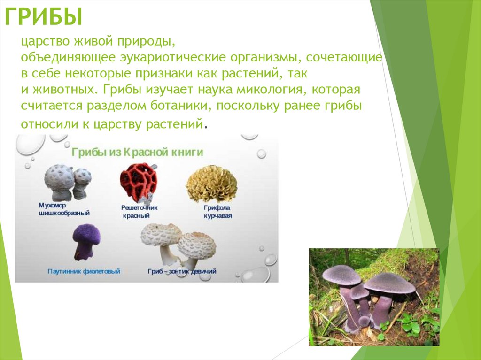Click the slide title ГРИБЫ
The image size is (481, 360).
click(x=44, y=16)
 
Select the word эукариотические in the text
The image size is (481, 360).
click(x=173, y=57)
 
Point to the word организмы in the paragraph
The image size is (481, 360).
click(x=266, y=58)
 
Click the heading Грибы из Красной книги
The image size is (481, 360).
click(x=137, y=152)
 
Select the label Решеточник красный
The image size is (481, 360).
click(x=139, y=212)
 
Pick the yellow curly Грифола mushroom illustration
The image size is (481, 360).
click(x=211, y=184)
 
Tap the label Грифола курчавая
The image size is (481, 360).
click(x=217, y=212)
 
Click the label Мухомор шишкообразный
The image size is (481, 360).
click(x=64, y=209)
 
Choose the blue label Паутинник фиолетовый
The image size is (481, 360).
click(x=84, y=271)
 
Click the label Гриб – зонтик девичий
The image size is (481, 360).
click(x=182, y=271)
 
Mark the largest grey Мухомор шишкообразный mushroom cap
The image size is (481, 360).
click(x=59, y=178)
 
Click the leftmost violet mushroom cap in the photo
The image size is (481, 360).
click(x=341, y=275)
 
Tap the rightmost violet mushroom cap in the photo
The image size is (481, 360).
click(x=389, y=283)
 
